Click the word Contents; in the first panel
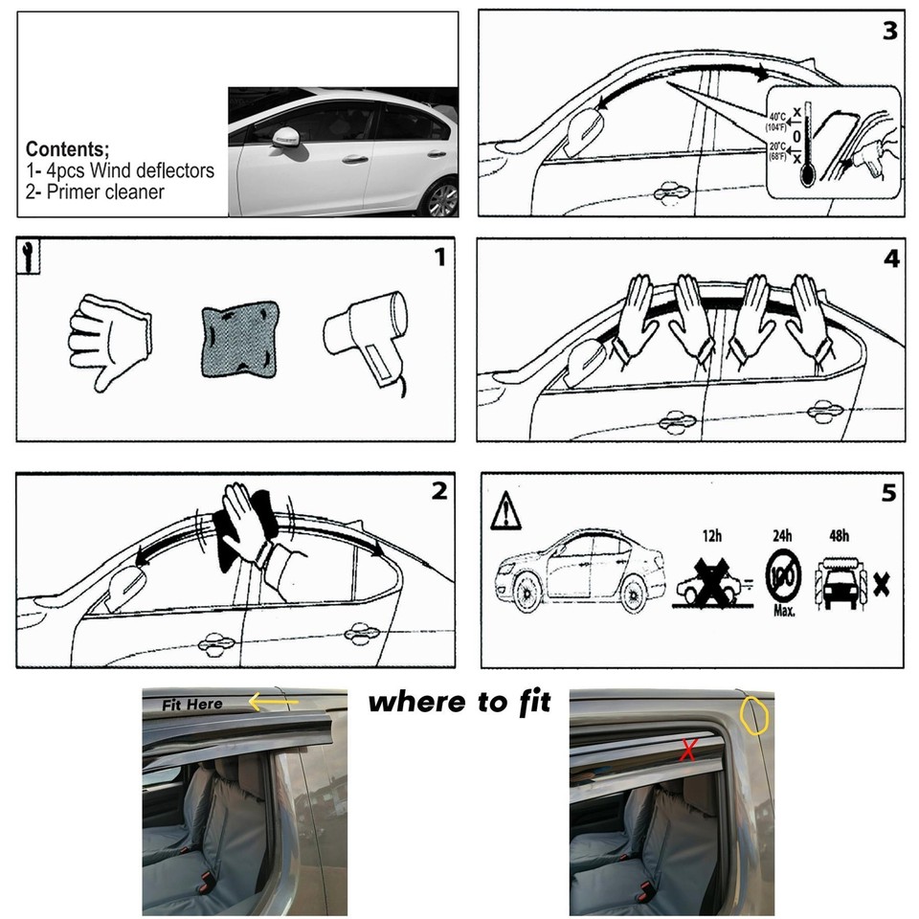[x=67, y=149]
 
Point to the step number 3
[x=890, y=31]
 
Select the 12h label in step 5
[x=710, y=535]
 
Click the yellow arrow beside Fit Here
[x=272, y=704]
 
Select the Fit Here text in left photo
[x=191, y=705]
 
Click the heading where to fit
[x=459, y=702]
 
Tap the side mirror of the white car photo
[x=286, y=137]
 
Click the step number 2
[x=438, y=491]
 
